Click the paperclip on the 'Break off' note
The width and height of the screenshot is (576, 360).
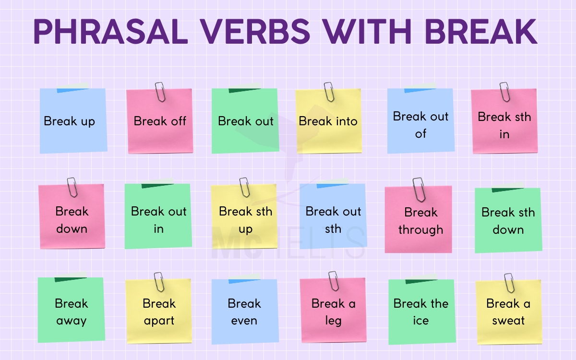pos(160,92)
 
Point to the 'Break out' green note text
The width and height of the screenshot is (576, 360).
pos(245,121)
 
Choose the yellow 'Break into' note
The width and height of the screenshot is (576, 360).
pos(328,122)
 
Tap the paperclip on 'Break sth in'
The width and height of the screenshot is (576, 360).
pos(504,92)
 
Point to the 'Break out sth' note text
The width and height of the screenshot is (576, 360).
pos(333,220)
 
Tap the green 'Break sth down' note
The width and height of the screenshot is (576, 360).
pos(508,221)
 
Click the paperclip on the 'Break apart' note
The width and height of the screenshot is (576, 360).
pos(159,282)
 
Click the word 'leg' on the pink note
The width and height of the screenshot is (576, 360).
pos(333,321)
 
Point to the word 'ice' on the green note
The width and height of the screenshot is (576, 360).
pos(420,321)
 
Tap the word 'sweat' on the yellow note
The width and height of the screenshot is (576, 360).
pos(508,321)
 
